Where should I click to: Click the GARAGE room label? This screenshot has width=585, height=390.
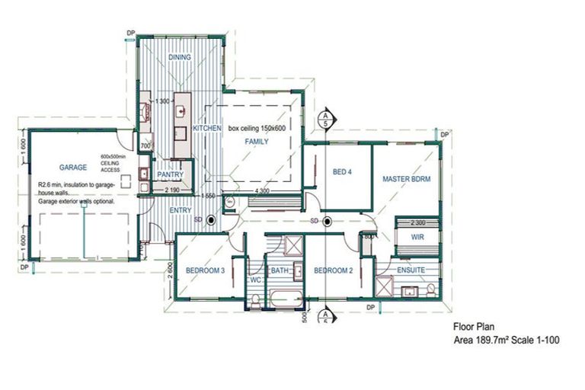click(x=72, y=167)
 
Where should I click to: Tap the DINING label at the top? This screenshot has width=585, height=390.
click(x=180, y=56)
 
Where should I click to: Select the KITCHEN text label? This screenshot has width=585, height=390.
click(x=206, y=129)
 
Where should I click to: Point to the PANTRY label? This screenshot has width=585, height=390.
click(x=171, y=174)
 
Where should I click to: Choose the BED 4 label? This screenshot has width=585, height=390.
click(x=343, y=172)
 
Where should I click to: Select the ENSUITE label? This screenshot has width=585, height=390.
click(x=411, y=270)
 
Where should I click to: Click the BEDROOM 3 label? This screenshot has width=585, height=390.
click(x=204, y=270)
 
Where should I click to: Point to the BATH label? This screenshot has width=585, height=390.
click(x=279, y=270)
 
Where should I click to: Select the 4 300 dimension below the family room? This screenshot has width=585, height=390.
click(x=261, y=190)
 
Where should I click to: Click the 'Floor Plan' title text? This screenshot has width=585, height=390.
click(x=475, y=326)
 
